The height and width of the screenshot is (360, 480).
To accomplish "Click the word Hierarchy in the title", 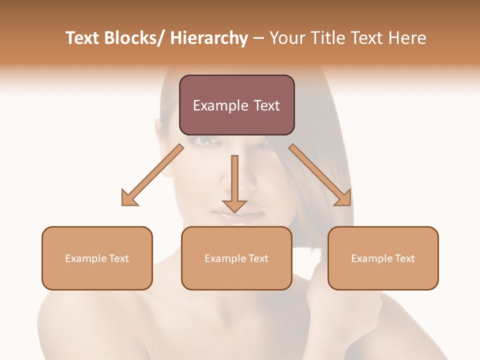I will click(x=209, y=38).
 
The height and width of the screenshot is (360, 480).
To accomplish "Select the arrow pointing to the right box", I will click(x=320, y=175).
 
